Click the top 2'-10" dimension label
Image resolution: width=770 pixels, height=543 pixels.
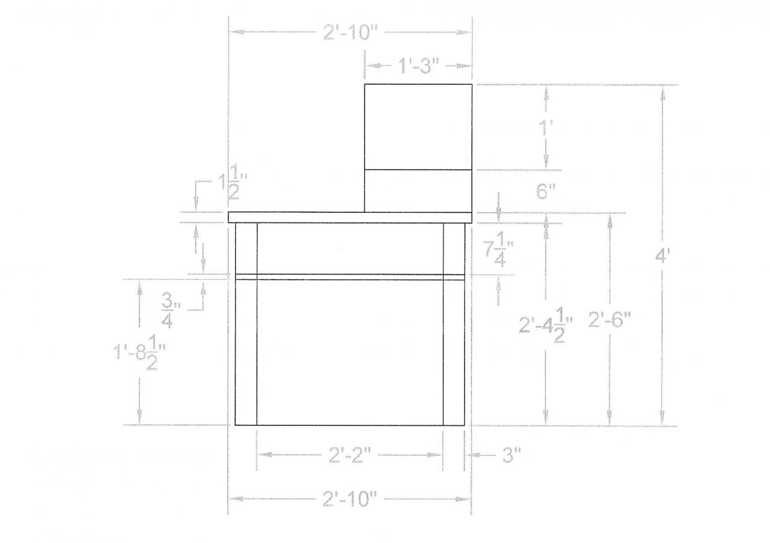pos(350,32)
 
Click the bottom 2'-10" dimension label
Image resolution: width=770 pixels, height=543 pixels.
pos(350,499)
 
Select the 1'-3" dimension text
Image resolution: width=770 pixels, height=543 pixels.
pos(418,66)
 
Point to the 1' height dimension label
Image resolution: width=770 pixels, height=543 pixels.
pos(546,127)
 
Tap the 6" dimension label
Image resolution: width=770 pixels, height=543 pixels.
pos(546,191)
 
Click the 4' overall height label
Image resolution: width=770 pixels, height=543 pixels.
pos(662,256)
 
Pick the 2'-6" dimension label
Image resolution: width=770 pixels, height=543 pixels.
pos(610,320)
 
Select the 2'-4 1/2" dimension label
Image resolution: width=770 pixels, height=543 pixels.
pos(546,325)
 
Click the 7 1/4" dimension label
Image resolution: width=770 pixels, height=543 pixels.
pos(499,253)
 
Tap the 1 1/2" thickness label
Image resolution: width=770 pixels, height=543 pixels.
pos(234,182)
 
